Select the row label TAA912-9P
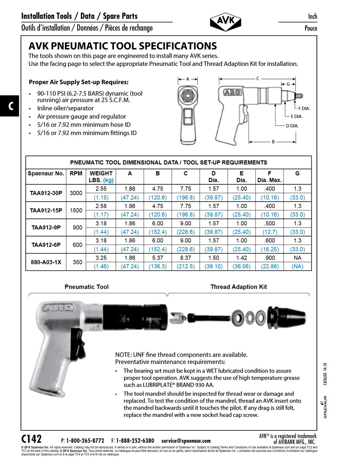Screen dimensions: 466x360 [x=46, y=228]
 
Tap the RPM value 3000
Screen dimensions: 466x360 [x=76, y=193]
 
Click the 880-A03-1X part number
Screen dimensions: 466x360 [x=46, y=262]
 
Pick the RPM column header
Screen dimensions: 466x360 [x=76, y=173]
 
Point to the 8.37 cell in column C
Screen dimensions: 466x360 [x=186, y=258]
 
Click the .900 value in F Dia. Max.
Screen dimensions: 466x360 [x=269, y=258]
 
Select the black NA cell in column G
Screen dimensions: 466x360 [x=297, y=258]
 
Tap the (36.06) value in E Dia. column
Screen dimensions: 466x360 [x=241, y=266]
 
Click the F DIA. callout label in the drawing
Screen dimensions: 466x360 [x=304, y=108]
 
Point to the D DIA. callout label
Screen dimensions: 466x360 [x=292, y=126]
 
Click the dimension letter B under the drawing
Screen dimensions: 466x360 [x=273, y=142]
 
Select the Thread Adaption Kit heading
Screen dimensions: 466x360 [x=239, y=287]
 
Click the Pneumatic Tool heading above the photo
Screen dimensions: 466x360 [x=87, y=287]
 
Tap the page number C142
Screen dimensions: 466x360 [x=32, y=439]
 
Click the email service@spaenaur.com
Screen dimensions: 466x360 [x=186, y=441]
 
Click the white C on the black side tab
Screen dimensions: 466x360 [x=11, y=106]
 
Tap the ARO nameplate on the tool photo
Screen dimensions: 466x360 [x=59, y=309]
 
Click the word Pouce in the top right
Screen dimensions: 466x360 [x=310, y=28]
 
